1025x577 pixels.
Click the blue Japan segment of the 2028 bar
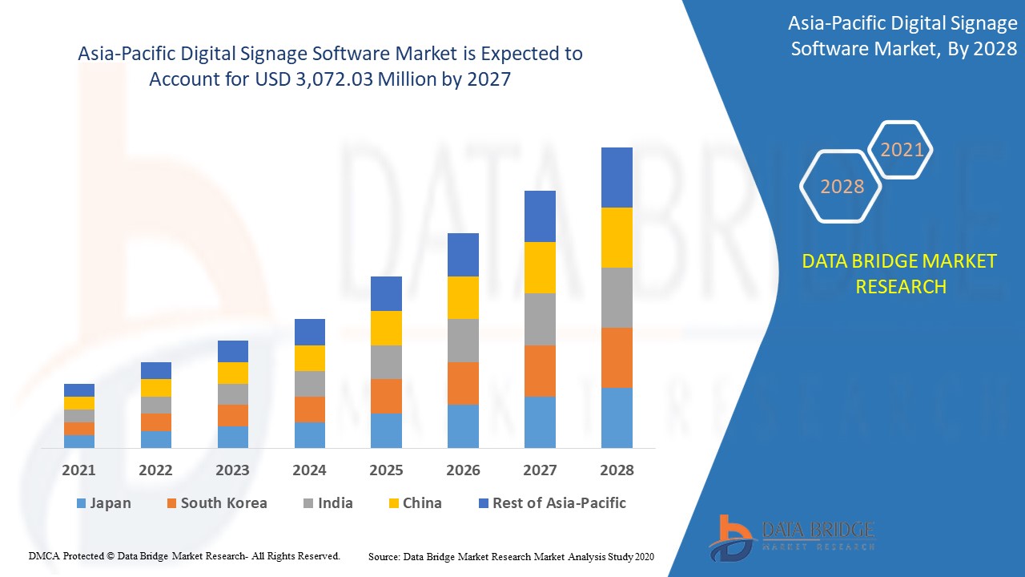pos(617,418)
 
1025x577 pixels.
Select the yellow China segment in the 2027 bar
pos(540,268)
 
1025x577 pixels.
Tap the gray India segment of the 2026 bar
pos(463,341)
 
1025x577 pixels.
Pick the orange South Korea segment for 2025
pos(386,396)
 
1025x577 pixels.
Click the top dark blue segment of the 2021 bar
pos(79,390)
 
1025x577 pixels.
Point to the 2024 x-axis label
pos(309,470)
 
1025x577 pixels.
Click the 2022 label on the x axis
pos(155,470)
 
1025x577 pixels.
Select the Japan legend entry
pos(103,503)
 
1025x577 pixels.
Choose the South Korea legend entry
pos(216,503)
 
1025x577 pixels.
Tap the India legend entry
pos(328,503)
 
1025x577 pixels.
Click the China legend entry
pos(414,503)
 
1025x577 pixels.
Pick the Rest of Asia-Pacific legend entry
pos(552,503)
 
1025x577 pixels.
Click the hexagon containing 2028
pos(842,186)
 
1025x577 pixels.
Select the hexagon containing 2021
pos(902,150)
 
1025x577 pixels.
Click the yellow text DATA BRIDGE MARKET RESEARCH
pos(900,273)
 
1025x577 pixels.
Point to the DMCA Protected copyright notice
pos(184,555)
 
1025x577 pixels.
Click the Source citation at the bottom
pos(512,556)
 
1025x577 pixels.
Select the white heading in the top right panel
pos(903,36)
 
